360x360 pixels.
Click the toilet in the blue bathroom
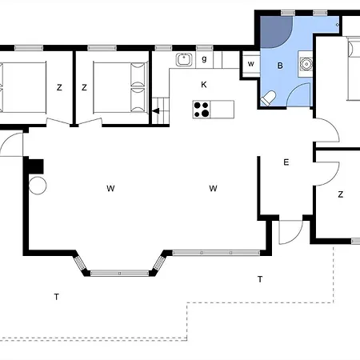[268, 98]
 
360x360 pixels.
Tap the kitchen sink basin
[184, 59]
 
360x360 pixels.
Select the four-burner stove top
[202, 110]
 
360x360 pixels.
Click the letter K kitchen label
[204, 85]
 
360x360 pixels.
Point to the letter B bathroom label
[280, 66]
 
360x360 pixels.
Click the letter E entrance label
[286, 162]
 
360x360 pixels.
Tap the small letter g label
[204, 58]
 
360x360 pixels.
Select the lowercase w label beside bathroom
[250, 64]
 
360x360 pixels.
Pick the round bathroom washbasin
[306, 64]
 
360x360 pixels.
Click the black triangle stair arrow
[156, 111]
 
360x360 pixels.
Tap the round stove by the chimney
[38, 186]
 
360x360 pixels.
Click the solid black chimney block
[36, 166]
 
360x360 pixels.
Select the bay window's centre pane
[119, 273]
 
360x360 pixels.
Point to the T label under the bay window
[56, 297]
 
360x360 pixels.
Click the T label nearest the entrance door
[260, 279]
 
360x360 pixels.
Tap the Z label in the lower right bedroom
[341, 194]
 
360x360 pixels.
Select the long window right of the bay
[216, 253]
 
